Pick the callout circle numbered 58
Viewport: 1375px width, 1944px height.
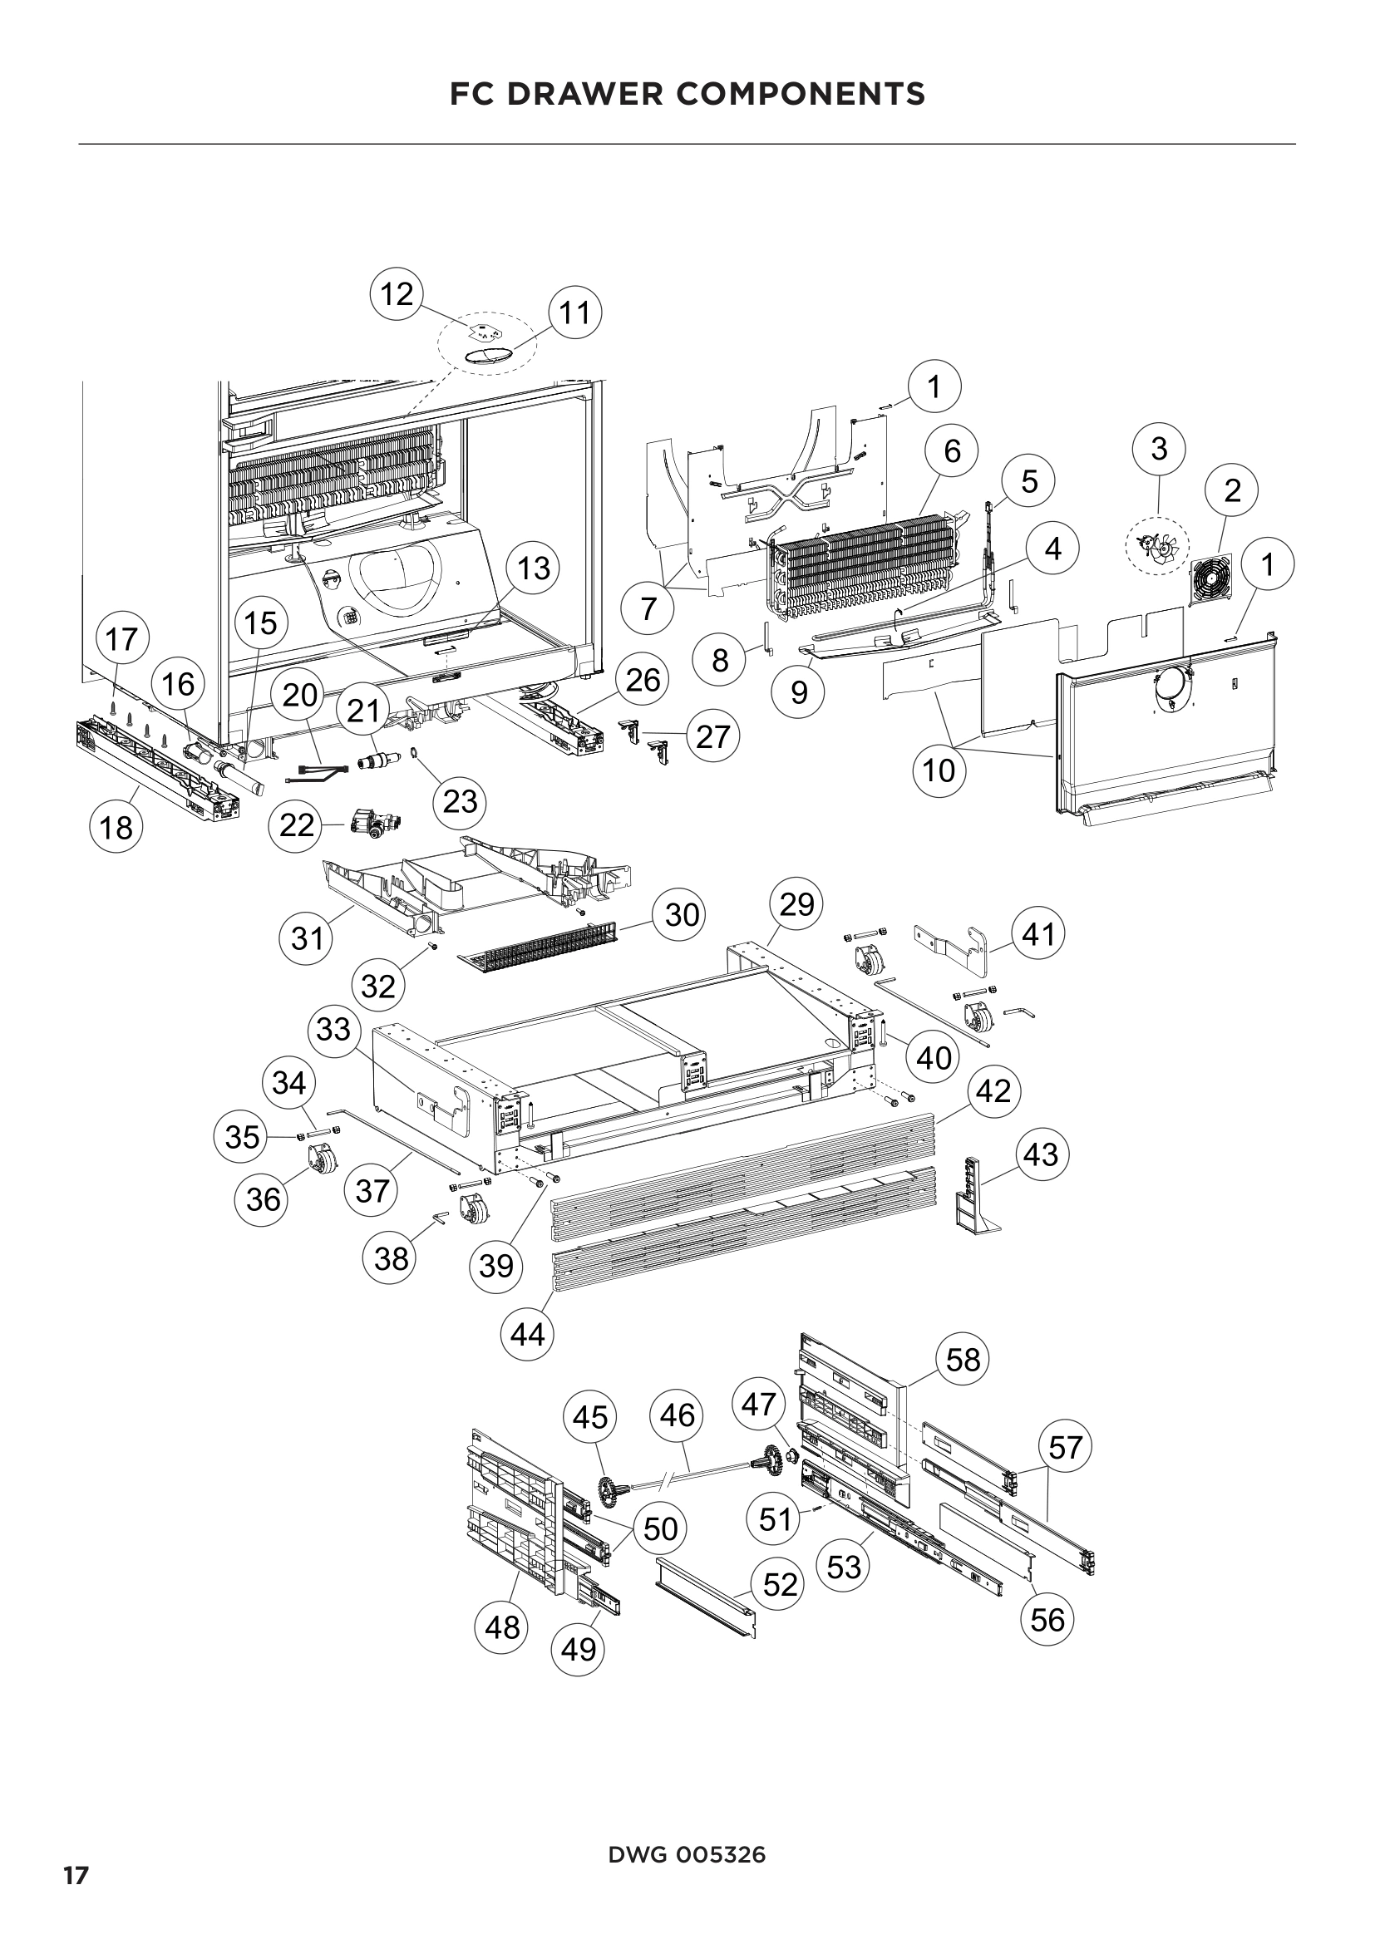click(x=963, y=1361)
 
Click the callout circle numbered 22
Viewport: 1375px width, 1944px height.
click(x=296, y=824)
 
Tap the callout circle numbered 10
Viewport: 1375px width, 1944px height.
click(x=939, y=770)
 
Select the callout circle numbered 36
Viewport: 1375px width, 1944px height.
click(x=263, y=1199)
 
